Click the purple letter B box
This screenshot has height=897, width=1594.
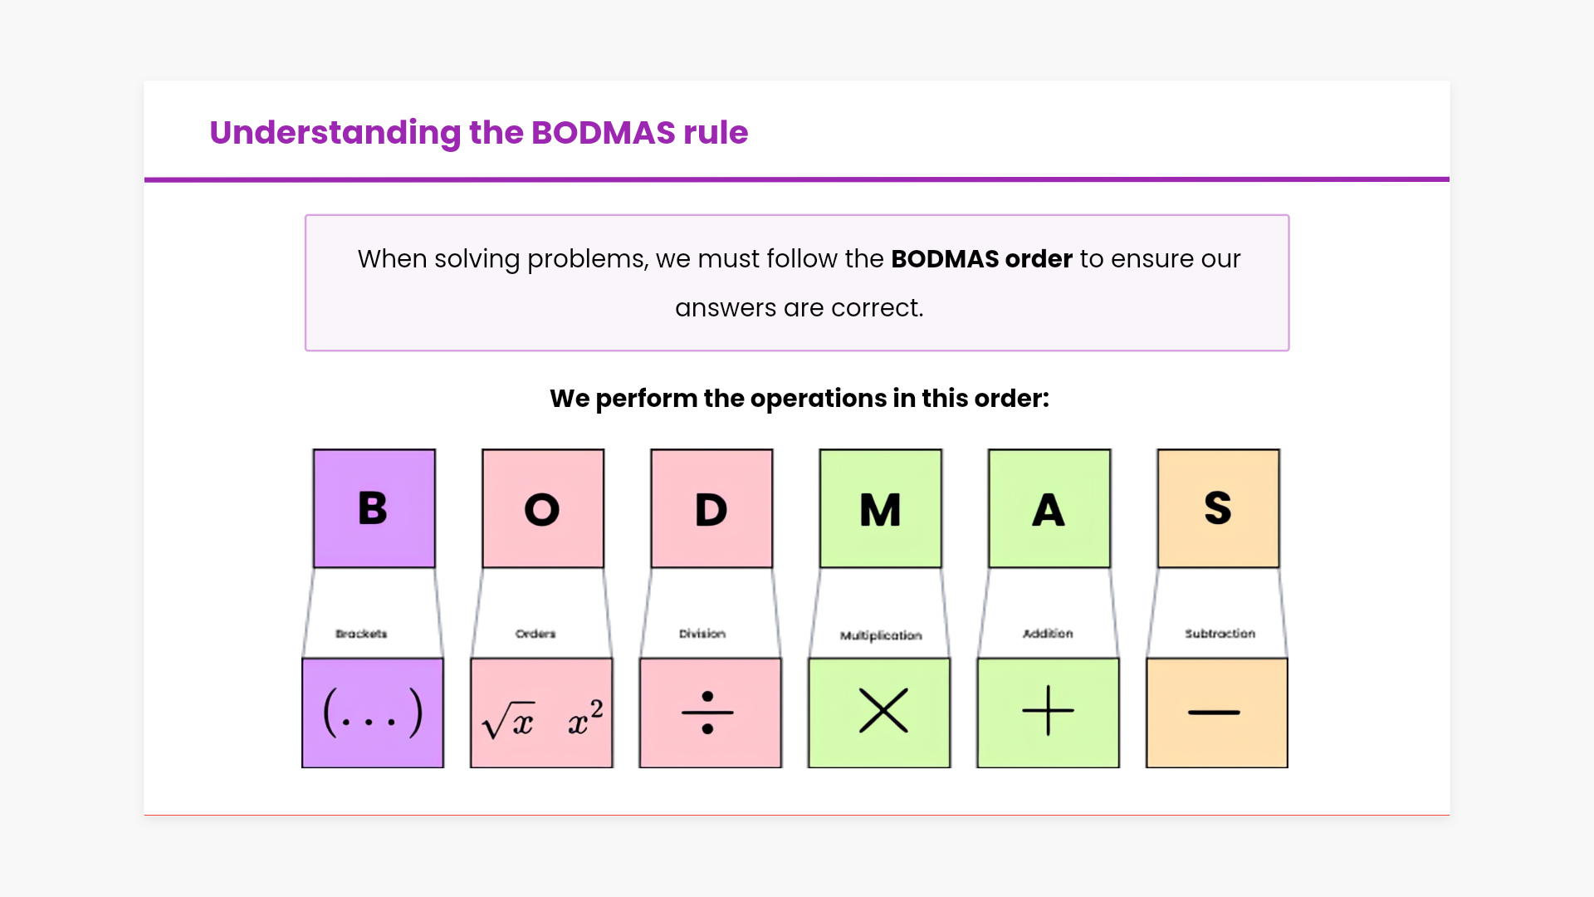(374, 508)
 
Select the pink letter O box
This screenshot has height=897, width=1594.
(543, 508)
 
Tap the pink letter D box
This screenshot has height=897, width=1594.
(711, 508)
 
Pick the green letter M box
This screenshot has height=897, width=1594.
(881, 508)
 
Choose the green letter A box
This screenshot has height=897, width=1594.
(1049, 508)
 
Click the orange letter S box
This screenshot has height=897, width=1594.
(1218, 508)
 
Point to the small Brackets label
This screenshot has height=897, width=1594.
(361, 634)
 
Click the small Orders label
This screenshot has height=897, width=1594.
(535, 634)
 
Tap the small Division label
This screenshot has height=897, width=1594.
(702, 634)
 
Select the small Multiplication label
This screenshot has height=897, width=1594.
(881, 635)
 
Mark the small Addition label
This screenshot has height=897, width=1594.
(1048, 634)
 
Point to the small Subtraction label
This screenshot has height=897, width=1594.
(1220, 634)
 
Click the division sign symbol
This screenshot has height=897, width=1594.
(707, 713)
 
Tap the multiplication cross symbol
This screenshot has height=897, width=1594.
(883, 710)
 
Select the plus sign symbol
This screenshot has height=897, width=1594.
(1048, 711)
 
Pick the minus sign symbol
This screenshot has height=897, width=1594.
(1214, 713)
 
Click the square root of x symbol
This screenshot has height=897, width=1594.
(508, 720)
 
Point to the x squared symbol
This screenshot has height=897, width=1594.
(585, 717)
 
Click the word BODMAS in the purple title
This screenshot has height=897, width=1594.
(604, 133)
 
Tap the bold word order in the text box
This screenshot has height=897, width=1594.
(1039, 259)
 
